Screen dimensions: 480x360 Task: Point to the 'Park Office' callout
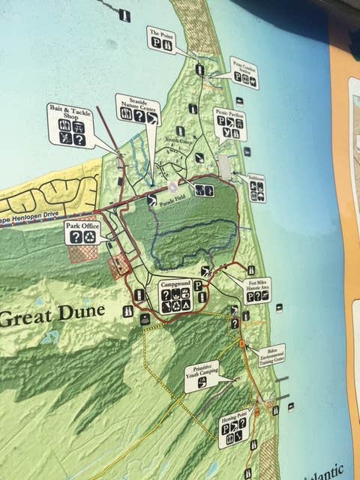[82, 232]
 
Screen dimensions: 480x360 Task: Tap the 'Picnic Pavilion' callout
[229, 124]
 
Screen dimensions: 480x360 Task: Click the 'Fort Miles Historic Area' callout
[258, 289]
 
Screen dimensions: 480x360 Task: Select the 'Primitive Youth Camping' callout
[202, 376]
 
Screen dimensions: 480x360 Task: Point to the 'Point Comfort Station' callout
[244, 72]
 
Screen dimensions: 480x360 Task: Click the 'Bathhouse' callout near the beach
[256, 187]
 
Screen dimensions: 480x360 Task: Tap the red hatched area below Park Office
[83, 253]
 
